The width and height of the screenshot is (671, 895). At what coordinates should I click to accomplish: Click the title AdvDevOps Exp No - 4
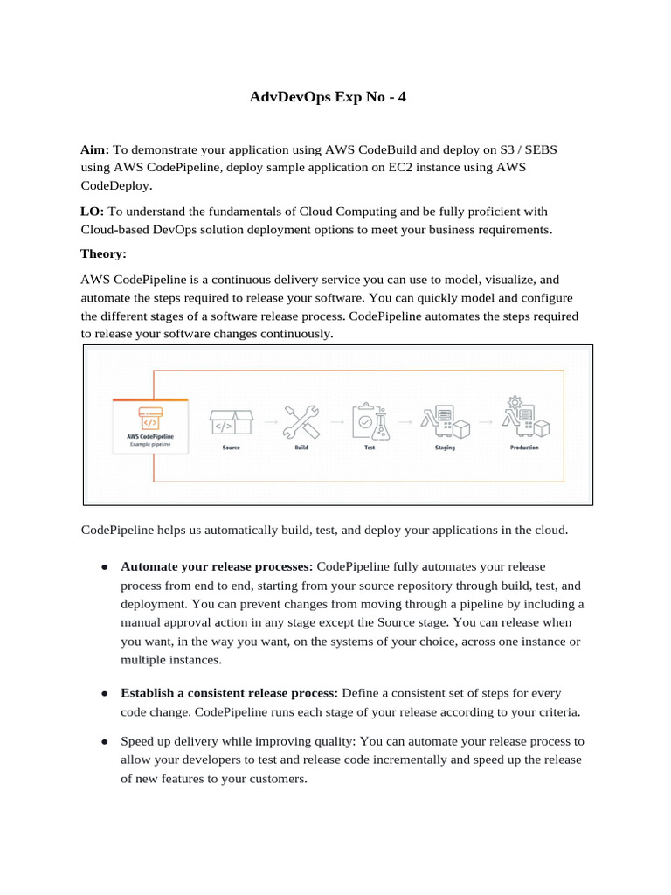[x=328, y=98]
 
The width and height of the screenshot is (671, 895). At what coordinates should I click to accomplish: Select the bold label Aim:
[x=94, y=150]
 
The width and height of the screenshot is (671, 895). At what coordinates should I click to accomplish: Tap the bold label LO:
[x=92, y=212]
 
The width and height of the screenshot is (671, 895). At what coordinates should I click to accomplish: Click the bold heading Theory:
[x=103, y=253]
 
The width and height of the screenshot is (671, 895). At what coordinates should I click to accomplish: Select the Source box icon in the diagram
[x=231, y=422]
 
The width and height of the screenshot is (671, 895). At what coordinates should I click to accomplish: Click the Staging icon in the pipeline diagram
[x=446, y=421]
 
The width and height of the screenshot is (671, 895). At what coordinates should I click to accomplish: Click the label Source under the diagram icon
[x=231, y=447]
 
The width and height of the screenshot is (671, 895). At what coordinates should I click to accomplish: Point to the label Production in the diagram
[x=524, y=447]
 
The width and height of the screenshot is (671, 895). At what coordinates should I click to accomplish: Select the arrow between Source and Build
[x=266, y=422]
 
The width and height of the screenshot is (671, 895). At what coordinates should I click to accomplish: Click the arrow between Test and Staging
[x=406, y=422]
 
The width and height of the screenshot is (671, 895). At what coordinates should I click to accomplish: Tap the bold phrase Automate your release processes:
[x=217, y=567]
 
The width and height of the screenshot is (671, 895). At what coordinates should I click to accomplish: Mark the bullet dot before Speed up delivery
[x=103, y=741]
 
